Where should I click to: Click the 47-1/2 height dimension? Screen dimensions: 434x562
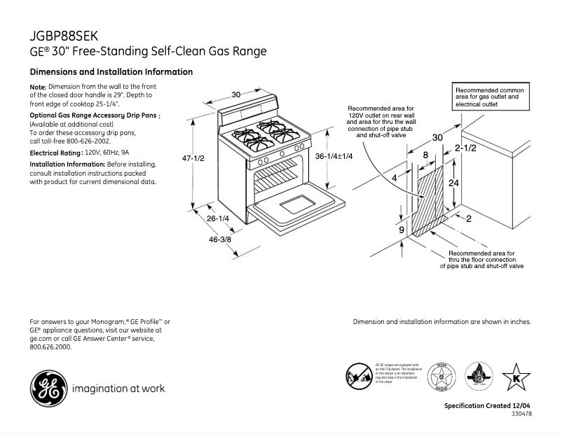(193, 158)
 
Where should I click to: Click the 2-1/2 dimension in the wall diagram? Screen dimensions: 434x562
(466, 148)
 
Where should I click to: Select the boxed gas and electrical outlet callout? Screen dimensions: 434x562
(491, 97)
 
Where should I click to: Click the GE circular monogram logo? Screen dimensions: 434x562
(48, 386)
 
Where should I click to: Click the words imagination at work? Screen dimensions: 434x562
(118, 388)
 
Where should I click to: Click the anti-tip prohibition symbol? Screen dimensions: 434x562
(358, 377)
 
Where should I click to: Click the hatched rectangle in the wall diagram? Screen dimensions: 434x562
(427, 199)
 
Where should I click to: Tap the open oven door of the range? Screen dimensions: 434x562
(298, 206)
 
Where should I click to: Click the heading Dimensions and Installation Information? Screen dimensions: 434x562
(111, 72)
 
